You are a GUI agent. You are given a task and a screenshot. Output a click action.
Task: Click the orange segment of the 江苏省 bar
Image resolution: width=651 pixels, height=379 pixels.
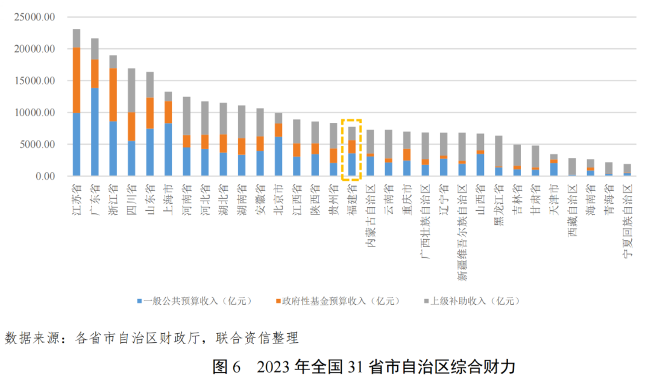pos(77,80)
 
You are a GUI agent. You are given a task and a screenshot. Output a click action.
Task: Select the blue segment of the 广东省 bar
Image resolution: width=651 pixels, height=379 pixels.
pos(95,132)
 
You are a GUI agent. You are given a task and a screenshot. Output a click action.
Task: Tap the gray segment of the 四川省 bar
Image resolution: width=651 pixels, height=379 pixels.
pos(131,90)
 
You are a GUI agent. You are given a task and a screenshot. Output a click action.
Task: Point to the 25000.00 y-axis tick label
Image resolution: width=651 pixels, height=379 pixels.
pos(35,17)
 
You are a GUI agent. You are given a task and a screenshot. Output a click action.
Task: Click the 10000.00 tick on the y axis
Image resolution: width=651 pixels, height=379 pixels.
pos(35,113)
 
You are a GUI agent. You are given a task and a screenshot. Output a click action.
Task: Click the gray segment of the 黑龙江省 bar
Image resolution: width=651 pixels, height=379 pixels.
pos(498,151)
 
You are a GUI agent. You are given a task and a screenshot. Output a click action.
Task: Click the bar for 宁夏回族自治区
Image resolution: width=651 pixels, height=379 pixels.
pos(627,171)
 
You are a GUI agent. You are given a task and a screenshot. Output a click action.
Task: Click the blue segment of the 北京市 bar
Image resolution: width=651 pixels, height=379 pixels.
pos(278,156)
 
